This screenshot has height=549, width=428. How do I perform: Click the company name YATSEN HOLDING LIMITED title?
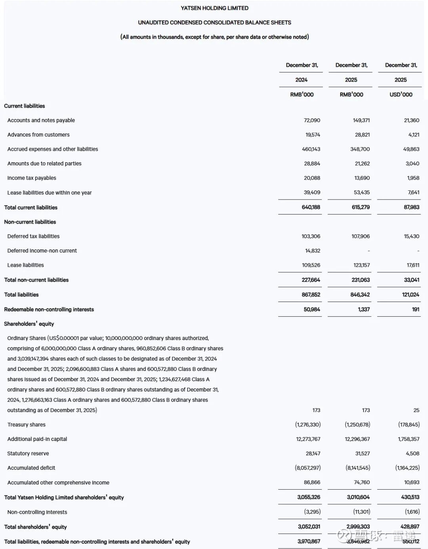tap(214, 8)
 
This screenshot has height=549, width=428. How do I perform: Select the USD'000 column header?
tap(401, 95)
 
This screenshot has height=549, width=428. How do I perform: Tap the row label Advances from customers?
tap(38, 135)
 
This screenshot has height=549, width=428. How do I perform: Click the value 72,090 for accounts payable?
tap(312, 120)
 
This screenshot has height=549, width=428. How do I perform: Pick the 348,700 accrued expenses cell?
tap(360, 149)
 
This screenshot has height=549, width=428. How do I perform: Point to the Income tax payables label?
tap(32, 178)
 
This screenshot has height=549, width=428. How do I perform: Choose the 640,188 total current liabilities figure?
tap(311, 207)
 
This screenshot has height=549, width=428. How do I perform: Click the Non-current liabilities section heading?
tap(30, 222)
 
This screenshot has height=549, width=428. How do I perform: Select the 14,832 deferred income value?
tap(313, 251)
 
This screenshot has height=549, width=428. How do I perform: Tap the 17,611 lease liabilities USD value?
tap(413, 265)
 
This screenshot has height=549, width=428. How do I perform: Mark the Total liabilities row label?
tap(21, 294)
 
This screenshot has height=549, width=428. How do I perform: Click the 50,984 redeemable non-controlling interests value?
tap(311, 309)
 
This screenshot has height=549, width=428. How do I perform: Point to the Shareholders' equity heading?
tap(29, 324)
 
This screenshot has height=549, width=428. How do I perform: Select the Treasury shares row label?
tap(26, 425)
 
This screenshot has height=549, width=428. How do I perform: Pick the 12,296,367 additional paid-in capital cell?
tap(357, 439)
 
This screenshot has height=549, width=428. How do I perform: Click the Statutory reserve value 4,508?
tap(412, 454)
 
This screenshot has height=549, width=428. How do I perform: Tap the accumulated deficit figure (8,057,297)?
tap(308, 468)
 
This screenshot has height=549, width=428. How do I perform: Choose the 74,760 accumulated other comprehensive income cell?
tap(361, 483)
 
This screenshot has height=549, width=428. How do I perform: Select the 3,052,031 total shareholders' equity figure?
tap(309, 526)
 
